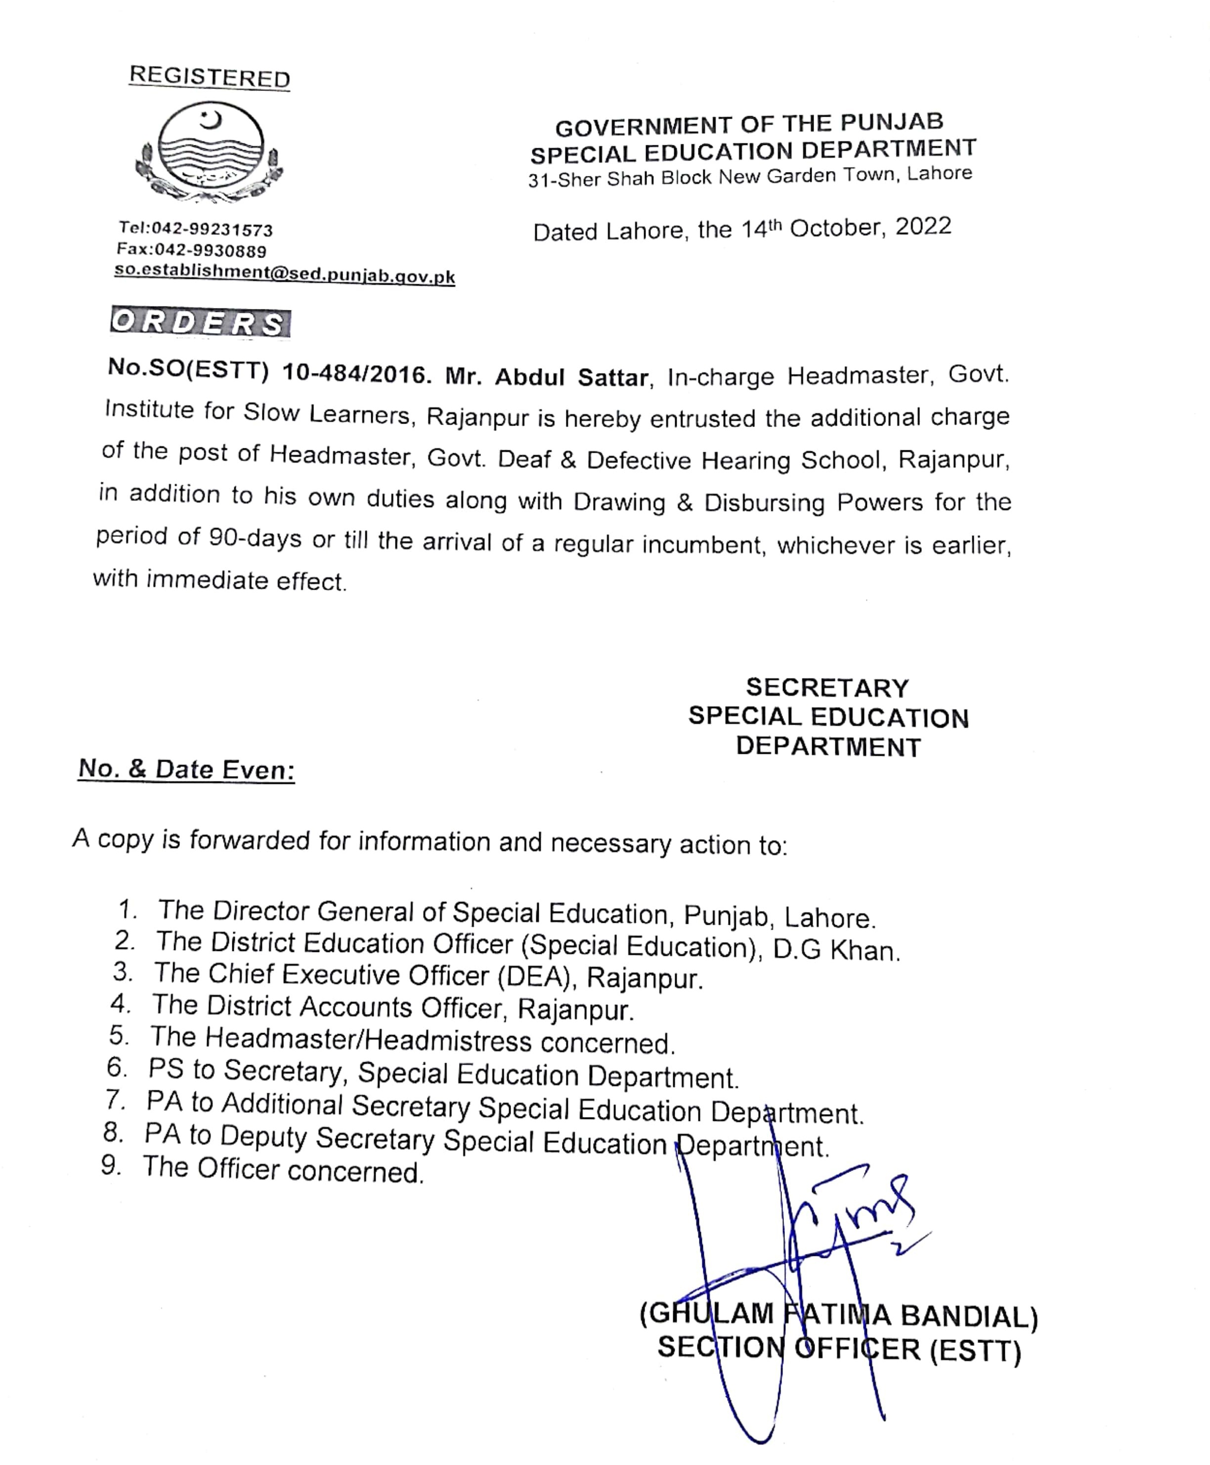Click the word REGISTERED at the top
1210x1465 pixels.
point(209,77)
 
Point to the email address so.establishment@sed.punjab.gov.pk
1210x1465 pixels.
point(284,274)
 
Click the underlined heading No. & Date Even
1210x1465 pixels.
point(186,770)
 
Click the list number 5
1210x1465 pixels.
point(119,1035)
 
